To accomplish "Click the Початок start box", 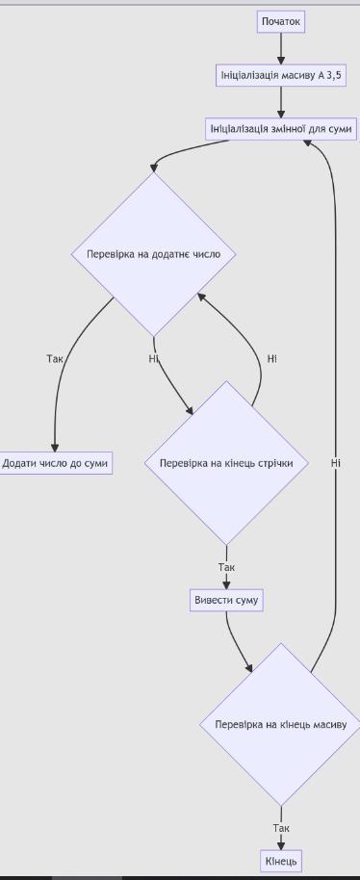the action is click(281, 22).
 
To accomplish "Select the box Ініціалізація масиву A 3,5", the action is click(280, 75).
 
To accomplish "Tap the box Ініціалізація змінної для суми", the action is click(281, 129).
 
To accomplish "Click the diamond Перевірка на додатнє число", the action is click(154, 254).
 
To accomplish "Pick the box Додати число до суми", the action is click(55, 463).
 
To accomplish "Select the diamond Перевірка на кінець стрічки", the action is click(226, 463).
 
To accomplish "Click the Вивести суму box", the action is click(226, 600).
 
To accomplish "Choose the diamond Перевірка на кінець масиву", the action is click(281, 725).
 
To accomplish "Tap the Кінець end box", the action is click(281, 861).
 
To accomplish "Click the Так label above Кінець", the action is click(281, 828).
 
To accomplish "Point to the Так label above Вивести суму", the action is click(226, 567).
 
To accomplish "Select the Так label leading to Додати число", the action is click(55, 358).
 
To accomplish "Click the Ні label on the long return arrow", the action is click(335, 463).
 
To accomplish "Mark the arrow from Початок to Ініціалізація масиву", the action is click(281, 49).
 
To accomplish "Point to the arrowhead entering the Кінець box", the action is click(281, 845).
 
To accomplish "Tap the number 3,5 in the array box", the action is click(334, 75).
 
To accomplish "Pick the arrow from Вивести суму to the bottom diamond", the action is click(236, 642).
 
